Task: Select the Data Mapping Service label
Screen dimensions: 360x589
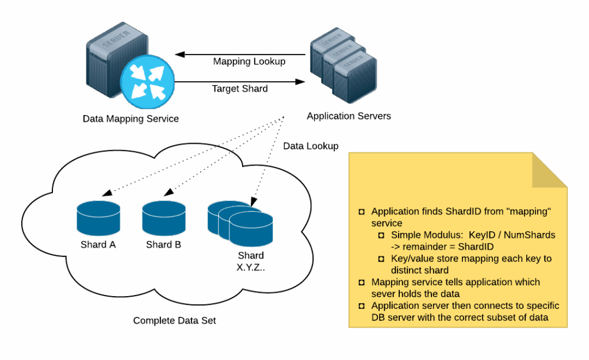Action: point(131,119)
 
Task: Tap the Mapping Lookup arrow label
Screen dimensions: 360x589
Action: point(249,62)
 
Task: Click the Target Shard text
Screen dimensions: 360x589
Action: point(240,89)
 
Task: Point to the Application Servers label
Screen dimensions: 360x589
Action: point(349,116)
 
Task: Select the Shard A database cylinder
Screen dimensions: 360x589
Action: point(98,218)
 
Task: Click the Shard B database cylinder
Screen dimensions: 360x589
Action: point(164,217)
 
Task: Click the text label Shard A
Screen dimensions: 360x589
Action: point(98,245)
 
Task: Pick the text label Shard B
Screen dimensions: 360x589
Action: point(164,245)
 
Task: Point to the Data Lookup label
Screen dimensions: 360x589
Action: point(311,146)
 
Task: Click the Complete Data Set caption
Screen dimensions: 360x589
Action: point(175,320)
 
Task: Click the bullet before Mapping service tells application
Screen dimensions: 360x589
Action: point(362,282)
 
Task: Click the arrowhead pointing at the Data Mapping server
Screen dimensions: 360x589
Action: point(178,55)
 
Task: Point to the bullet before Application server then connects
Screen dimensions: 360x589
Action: point(362,306)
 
